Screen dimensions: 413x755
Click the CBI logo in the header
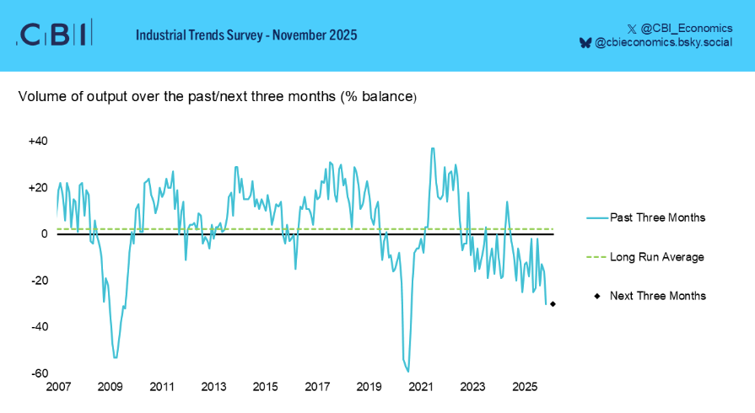(54, 34)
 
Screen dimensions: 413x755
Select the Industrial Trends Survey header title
(246, 35)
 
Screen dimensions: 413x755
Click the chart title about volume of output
(218, 97)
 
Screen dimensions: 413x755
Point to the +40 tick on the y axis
(38, 142)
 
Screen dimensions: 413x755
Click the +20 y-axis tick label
(38, 188)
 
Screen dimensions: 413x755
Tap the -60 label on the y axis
(39, 373)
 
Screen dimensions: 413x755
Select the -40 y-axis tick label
(39, 327)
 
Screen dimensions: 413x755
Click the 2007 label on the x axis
(58, 387)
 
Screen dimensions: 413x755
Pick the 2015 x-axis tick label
(266, 387)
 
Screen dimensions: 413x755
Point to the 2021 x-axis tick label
(421, 387)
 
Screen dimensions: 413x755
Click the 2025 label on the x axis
(525, 387)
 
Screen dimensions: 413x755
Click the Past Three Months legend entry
(657, 217)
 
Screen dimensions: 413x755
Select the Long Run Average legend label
(656, 256)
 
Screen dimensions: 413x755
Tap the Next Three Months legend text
(658, 296)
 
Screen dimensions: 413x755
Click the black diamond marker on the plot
(553, 304)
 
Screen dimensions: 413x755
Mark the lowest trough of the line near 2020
(408, 371)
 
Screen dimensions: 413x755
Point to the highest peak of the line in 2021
(433, 148)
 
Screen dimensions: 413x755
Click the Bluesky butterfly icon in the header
(585, 42)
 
